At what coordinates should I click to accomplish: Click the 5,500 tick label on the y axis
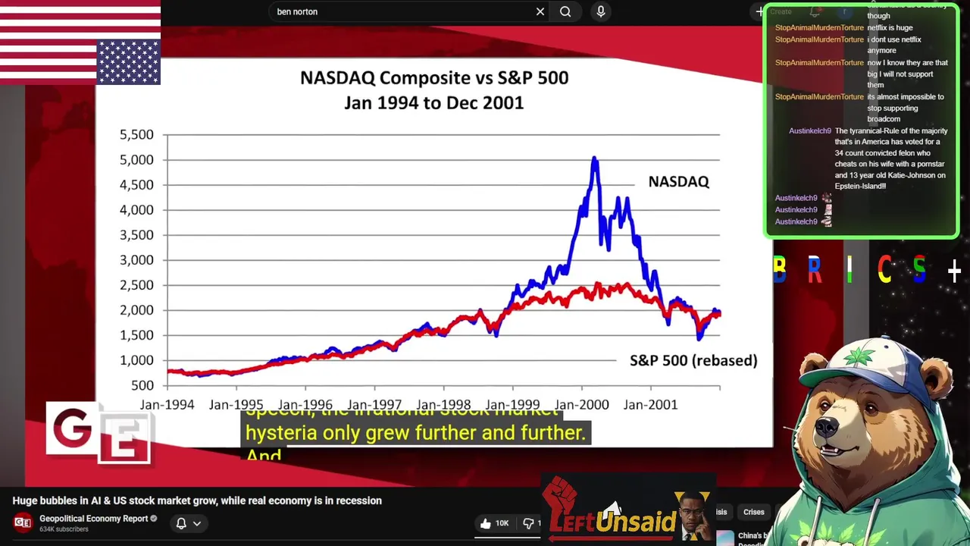pos(136,135)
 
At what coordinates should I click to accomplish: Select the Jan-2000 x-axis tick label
pos(581,405)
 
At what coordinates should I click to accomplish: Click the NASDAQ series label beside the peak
pos(678,182)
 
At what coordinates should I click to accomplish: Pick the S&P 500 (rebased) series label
pos(693,361)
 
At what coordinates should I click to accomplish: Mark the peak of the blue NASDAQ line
pos(595,158)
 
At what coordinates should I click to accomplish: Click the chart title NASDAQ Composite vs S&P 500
pos(433,78)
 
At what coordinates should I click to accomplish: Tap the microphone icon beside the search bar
pos(601,11)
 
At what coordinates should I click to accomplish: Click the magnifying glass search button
pos(565,11)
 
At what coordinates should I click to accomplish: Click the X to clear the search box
pos(540,11)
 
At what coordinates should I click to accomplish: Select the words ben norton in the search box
pos(297,12)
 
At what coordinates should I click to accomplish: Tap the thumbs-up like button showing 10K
pos(486,523)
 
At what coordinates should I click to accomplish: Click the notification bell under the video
pos(181,523)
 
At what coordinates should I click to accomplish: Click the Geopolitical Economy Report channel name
pos(93,519)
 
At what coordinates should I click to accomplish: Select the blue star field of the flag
pos(128,62)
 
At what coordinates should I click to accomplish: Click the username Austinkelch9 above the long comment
pos(809,131)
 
